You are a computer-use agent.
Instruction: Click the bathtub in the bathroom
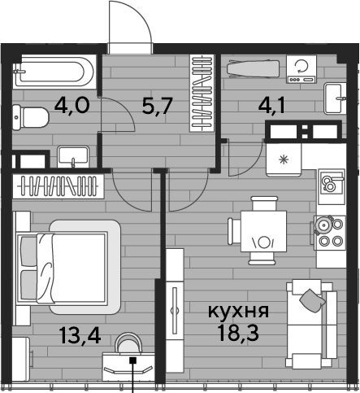pos(54,72)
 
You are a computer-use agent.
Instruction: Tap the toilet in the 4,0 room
pos(30,117)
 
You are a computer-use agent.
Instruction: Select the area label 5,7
pos(157,106)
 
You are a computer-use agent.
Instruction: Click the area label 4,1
pos(271,106)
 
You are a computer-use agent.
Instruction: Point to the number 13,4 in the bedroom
pos(80,335)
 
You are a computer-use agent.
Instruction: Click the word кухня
pos(238,311)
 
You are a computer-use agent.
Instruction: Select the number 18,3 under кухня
pos(238,333)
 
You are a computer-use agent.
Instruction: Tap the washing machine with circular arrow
pos(301,69)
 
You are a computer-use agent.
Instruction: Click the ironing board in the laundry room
pos(253,69)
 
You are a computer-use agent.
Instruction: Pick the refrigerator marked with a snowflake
pos(284,160)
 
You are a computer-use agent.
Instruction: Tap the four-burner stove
pos(330,233)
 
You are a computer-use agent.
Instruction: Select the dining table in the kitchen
pos(263,231)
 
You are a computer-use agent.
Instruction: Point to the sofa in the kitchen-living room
pos(311,324)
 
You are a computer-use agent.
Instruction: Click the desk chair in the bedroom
pos(128,343)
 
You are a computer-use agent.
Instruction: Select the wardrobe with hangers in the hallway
pos(202,93)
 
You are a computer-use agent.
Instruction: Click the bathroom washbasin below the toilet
pos(73,157)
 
